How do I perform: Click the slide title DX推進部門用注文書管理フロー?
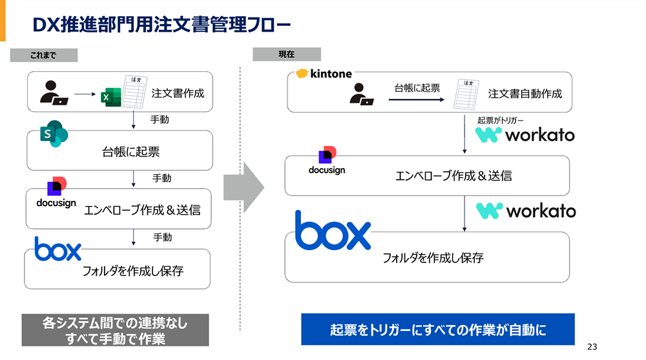click(161, 25)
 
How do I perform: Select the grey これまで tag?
click(44, 56)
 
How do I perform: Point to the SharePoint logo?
click(54, 133)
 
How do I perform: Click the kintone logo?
click(324, 74)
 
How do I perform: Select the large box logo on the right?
click(333, 230)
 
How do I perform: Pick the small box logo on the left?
click(58, 249)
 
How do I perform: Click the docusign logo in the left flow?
click(56, 193)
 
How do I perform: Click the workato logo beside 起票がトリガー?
click(525, 135)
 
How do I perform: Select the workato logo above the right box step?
click(525, 211)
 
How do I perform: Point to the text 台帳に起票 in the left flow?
click(131, 153)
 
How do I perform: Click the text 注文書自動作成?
click(525, 94)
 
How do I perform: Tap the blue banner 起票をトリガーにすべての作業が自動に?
click(437, 330)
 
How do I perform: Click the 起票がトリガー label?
click(501, 120)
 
